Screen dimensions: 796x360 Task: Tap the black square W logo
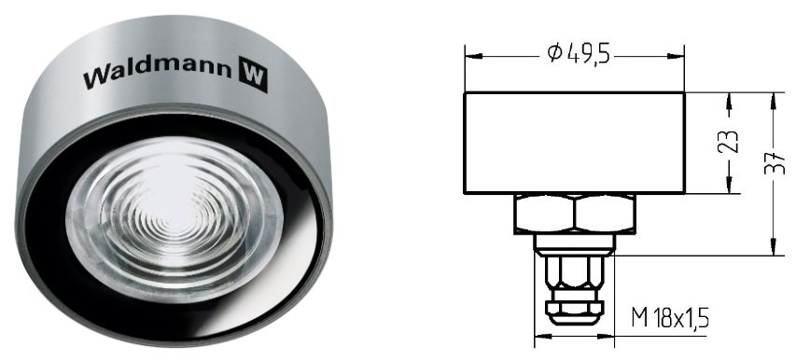[x=253, y=74]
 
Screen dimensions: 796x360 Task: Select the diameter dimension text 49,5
[x=589, y=53]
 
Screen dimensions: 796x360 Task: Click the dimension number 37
[x=775, y=162]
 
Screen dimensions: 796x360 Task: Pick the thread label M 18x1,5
[x=670, y=319]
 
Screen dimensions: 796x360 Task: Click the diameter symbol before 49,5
[x=555, y=53]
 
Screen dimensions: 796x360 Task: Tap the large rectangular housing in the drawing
[x=575, y=143]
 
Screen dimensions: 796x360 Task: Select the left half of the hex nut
[x=545, y=214]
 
